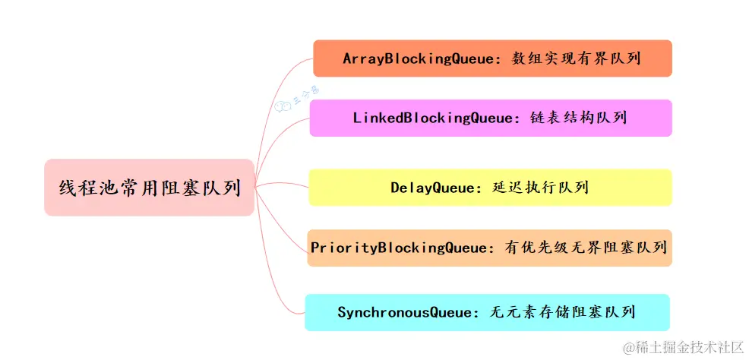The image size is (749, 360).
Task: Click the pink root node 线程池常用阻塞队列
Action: point(149,188)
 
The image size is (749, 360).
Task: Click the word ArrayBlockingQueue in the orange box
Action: point(418,58)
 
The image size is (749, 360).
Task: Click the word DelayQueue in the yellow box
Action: point(431,188)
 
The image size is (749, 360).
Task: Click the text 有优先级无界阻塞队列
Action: point(585,248)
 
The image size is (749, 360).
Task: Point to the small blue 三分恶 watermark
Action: point(297,99)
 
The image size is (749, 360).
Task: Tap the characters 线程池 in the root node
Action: point(85,188)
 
